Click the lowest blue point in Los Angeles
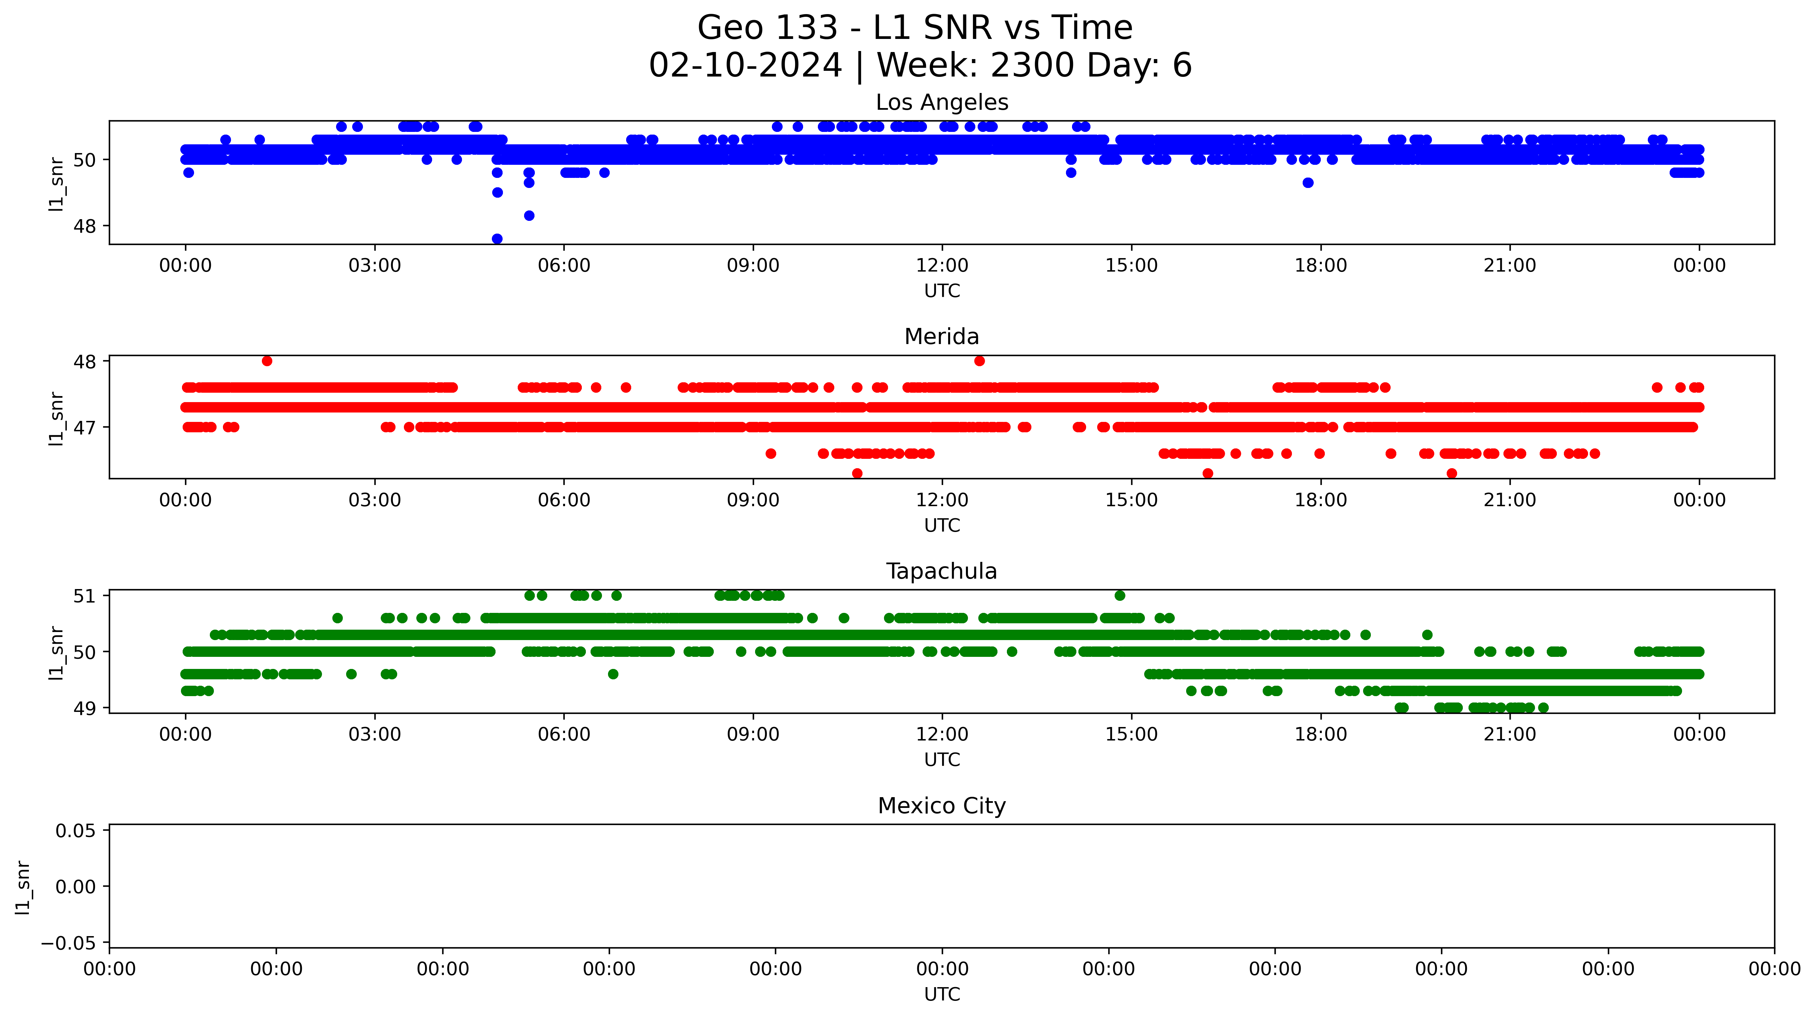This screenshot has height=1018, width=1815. pos(497,239)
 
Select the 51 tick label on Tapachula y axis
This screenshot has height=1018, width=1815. pos(85,596)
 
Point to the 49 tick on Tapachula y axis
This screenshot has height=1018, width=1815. pos(85,708)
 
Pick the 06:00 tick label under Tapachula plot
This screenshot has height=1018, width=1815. pos(564,735)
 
